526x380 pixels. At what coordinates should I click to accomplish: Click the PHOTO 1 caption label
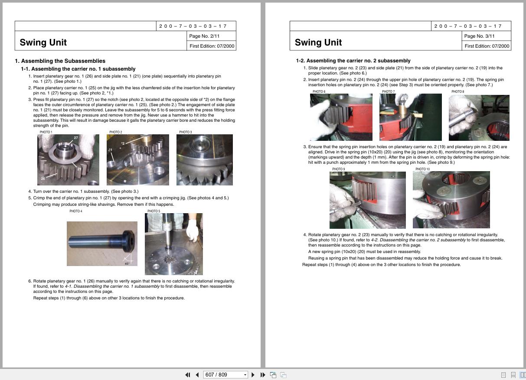click(x=46, y=132)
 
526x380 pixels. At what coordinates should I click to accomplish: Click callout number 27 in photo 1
click(x=76, y=138)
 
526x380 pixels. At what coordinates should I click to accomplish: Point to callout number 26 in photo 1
click(x=43, y=179)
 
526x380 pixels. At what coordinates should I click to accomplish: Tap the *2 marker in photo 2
click(x=123, y=143)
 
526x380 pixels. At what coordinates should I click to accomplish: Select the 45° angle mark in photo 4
click(x=127, y=263)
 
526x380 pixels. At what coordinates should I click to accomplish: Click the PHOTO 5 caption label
click(x=154, y=211)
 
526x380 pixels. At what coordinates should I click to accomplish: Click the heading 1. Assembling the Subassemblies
click(x=60, y=61)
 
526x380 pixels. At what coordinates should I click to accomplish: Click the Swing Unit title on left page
click(x=43, y=42)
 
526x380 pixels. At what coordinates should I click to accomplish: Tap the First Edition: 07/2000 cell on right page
click(x=487, y=46)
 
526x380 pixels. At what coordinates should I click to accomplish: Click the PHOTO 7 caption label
click(x=388, y=92)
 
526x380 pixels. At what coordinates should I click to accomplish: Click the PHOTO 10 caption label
click(x=422, y=169)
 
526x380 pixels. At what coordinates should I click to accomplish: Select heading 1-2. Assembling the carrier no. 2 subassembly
click(x=353, y=61)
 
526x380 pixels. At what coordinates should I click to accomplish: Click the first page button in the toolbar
click(x=187, y=375)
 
